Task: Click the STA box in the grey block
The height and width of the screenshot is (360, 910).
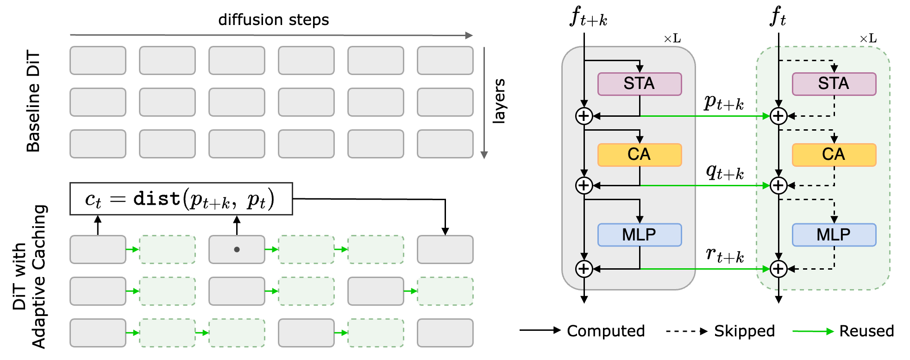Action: pos(639,84)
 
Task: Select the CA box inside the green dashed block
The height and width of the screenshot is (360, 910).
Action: pos(834,155)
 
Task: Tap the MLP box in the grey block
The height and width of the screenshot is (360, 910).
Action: pos(639,235)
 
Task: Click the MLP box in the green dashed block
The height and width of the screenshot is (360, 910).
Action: pos(834,235)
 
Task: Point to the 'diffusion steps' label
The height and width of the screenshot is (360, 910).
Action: pos(273,20)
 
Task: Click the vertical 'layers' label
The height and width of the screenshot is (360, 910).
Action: pos(499,101)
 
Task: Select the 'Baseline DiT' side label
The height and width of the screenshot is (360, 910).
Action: pos(33,101)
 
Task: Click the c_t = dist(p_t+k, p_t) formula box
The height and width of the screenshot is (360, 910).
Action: pos(181,199)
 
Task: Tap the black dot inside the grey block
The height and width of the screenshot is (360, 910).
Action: pos(237,249)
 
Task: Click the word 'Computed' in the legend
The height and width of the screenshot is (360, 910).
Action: pos(605,331)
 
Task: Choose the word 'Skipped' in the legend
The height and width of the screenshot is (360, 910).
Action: pos(744,331)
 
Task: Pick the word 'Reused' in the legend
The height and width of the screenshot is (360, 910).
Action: pos(866,331)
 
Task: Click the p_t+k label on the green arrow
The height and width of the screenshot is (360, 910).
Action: pos(724,103)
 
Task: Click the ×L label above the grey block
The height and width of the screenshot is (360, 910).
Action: pos(672,38)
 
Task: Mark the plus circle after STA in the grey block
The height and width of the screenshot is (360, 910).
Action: pos(584,116)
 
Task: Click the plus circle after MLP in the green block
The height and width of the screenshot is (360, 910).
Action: pos(778,269)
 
